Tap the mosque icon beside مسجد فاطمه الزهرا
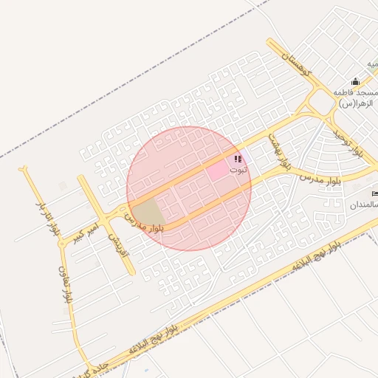click(355, 81)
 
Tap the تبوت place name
click(238, 169)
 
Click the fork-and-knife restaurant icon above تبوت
click(238, 158)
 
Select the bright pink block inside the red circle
click(218, 169)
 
